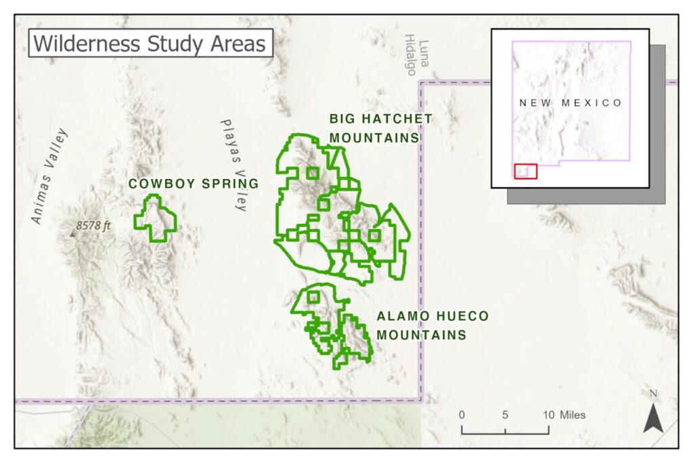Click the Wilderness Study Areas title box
[x=150, y=43]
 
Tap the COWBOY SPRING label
[x=194, y=184]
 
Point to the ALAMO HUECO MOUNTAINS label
[x=432, y=325]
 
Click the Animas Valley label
[x=50, y=175]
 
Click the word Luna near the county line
[x=424, y=48]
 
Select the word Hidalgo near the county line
[x=411, y=56]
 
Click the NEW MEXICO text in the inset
[x=571, y=103]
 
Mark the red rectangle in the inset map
[x=525, y=171]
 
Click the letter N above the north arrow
[x=653, y=394]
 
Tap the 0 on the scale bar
[x=462, y=415]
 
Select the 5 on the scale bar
[x=505, y=415]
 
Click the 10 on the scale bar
[x=547, y=415]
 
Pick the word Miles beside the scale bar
[x=573, y=415]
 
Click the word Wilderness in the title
[x=74, y=43]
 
